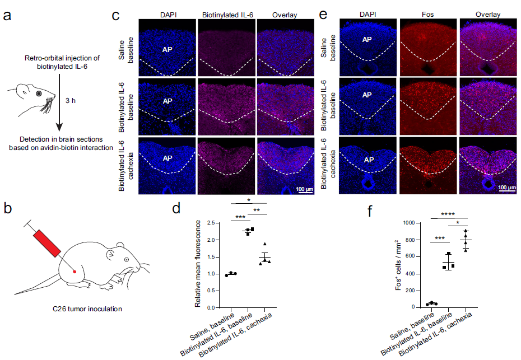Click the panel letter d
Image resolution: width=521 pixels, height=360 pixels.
tap(176, 209)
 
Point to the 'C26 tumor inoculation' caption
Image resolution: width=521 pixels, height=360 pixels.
tap(84, 308)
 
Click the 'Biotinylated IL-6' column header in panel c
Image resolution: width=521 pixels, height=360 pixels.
tap(226, 15)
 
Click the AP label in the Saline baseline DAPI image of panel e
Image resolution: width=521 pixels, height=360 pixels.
tap(368, 40)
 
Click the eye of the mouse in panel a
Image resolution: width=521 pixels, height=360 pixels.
tap(38, 93)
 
